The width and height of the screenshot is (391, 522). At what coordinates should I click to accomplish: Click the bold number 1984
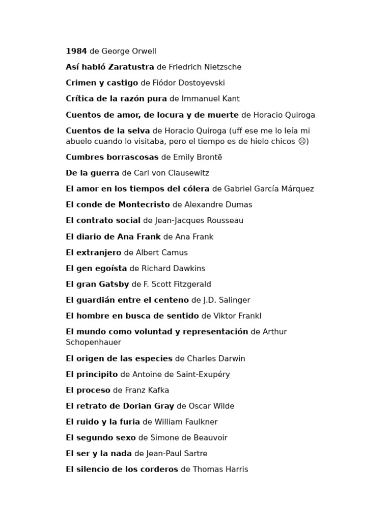(x=76, y=51)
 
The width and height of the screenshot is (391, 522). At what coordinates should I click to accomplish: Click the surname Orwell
(x=143, y=51)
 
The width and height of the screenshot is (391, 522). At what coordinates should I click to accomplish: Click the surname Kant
(x=230, y=98)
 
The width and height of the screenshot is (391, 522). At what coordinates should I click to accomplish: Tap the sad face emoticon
(x=302, y=141)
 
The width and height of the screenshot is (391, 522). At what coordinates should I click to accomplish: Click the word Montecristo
(x=144, y=204)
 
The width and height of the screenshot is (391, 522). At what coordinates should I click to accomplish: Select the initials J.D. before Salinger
(x=210, y=300)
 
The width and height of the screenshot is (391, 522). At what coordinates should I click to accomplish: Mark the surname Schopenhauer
(x=93, y=342)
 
